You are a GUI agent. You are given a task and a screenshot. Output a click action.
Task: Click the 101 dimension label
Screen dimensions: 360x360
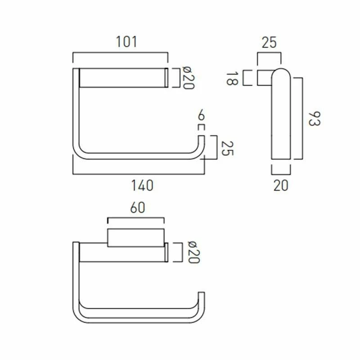click(x=126, y=42)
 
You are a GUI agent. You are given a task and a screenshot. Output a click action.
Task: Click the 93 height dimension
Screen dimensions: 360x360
click(x=314, y=119)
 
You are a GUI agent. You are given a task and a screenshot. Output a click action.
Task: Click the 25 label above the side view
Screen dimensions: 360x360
click(x=269, y=43)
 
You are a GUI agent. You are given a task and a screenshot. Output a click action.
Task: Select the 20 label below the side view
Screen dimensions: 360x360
click(x=281, y=185)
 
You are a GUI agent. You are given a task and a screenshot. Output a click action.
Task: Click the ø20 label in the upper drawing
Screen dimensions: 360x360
click(x=188, y=78)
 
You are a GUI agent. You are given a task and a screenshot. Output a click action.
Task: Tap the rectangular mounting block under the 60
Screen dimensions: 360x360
click(x=135, y=238)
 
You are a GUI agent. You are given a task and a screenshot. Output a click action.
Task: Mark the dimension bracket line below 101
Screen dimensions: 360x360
click(x=120, y=53)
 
